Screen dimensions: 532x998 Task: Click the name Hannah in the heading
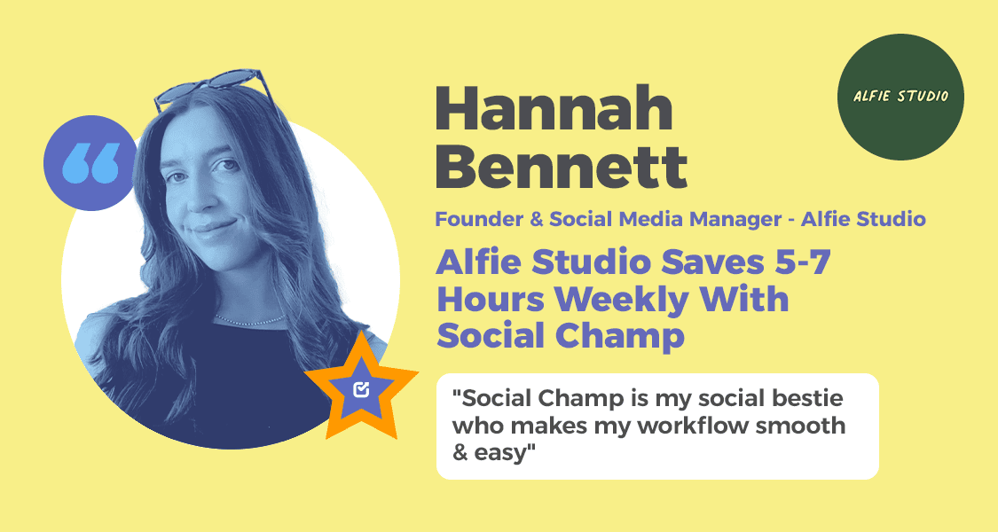pos(554,111)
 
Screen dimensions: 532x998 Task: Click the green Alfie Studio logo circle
pos(900,97)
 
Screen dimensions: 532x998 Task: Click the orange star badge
pos(361,387)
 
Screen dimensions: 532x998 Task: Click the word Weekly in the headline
pos(625,300)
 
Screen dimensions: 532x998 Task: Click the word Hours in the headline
pos(493,300)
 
